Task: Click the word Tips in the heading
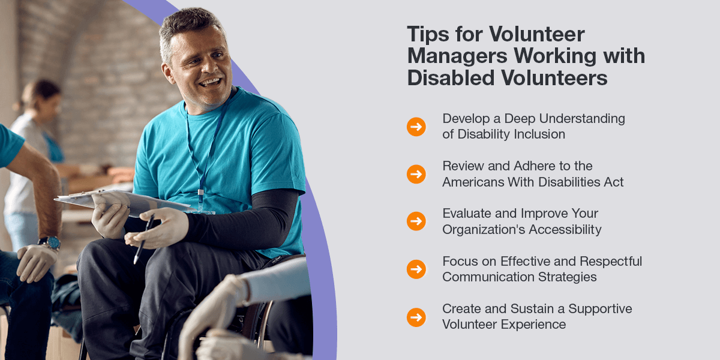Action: coord(428,34)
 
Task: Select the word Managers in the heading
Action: coord(457,56)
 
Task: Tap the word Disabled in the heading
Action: coord(451,77)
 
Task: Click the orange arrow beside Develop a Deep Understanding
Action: coord(416,127)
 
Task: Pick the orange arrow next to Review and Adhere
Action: coord(416,174)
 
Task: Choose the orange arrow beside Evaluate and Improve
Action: coord(416,221)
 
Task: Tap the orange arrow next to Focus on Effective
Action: coord(416,269)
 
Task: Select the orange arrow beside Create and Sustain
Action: coord(416,317)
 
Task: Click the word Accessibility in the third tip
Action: coord(565,230)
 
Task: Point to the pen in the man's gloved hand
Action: coord(143,239)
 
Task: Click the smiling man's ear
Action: coord(167,73)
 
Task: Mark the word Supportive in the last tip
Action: coord(600,309)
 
